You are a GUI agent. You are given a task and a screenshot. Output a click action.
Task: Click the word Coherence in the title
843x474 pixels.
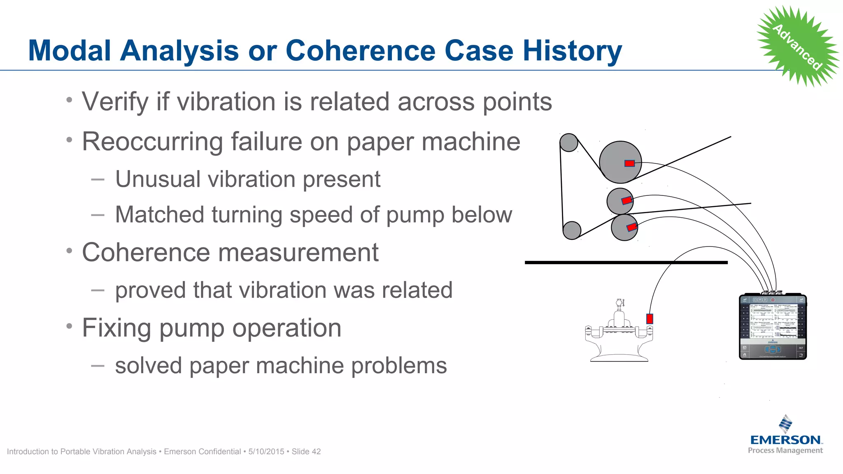click(x=360, y=51)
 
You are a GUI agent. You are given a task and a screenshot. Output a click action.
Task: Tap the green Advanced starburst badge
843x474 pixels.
click(x=797, y=46)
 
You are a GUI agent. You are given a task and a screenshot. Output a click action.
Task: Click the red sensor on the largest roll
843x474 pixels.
click(x=629, y=163)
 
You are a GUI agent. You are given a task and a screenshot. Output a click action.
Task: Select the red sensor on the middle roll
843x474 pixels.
click(x=626, y=200)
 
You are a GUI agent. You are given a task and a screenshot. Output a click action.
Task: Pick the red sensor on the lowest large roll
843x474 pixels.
click(x=632, y=227)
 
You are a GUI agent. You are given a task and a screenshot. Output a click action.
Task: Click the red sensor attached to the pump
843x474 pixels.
click(x=650, y=318)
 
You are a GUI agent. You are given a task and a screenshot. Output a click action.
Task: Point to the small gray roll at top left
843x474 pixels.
click(x=569, y=142)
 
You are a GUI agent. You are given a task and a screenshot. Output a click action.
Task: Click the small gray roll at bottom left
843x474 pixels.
click(x=572, y=230)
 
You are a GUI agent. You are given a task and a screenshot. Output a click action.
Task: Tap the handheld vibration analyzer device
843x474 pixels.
click(x=773, y=327)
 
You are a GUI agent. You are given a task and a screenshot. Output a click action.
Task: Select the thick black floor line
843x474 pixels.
click(x=626, y=262)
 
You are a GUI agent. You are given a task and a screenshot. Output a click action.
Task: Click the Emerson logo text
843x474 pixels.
click(x=785, y=440)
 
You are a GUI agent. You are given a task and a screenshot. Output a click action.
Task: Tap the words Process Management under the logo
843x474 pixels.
click(x=785, y=451)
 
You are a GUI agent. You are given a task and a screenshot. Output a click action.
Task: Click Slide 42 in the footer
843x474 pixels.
click(x=306, y=451)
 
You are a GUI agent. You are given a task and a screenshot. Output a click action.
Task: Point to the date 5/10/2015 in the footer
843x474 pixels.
click(x=266, y=451)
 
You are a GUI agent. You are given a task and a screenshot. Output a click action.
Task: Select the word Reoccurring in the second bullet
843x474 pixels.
click(x=151, y=142)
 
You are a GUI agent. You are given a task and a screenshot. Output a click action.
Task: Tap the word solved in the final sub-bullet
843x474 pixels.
click(x=148, y=365)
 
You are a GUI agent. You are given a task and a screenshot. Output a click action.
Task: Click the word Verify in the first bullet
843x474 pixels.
click(x=115, y=102)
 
